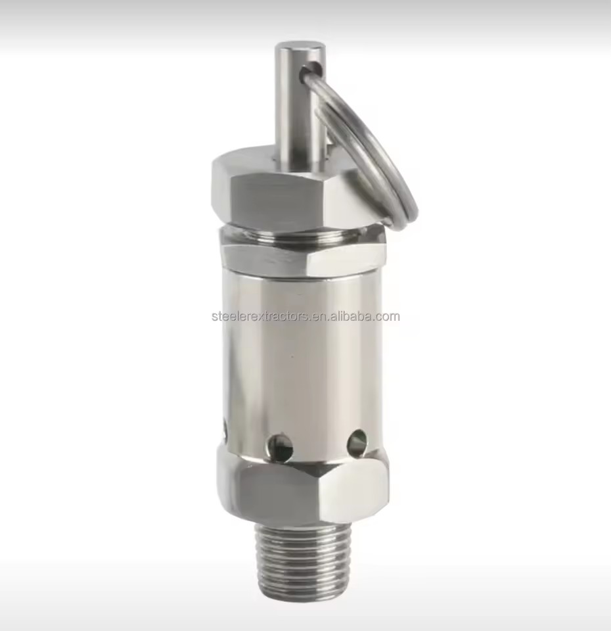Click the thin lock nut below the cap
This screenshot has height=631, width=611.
click(x=304, y=259)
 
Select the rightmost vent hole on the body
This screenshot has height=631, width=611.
click(x=357, y=441)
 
